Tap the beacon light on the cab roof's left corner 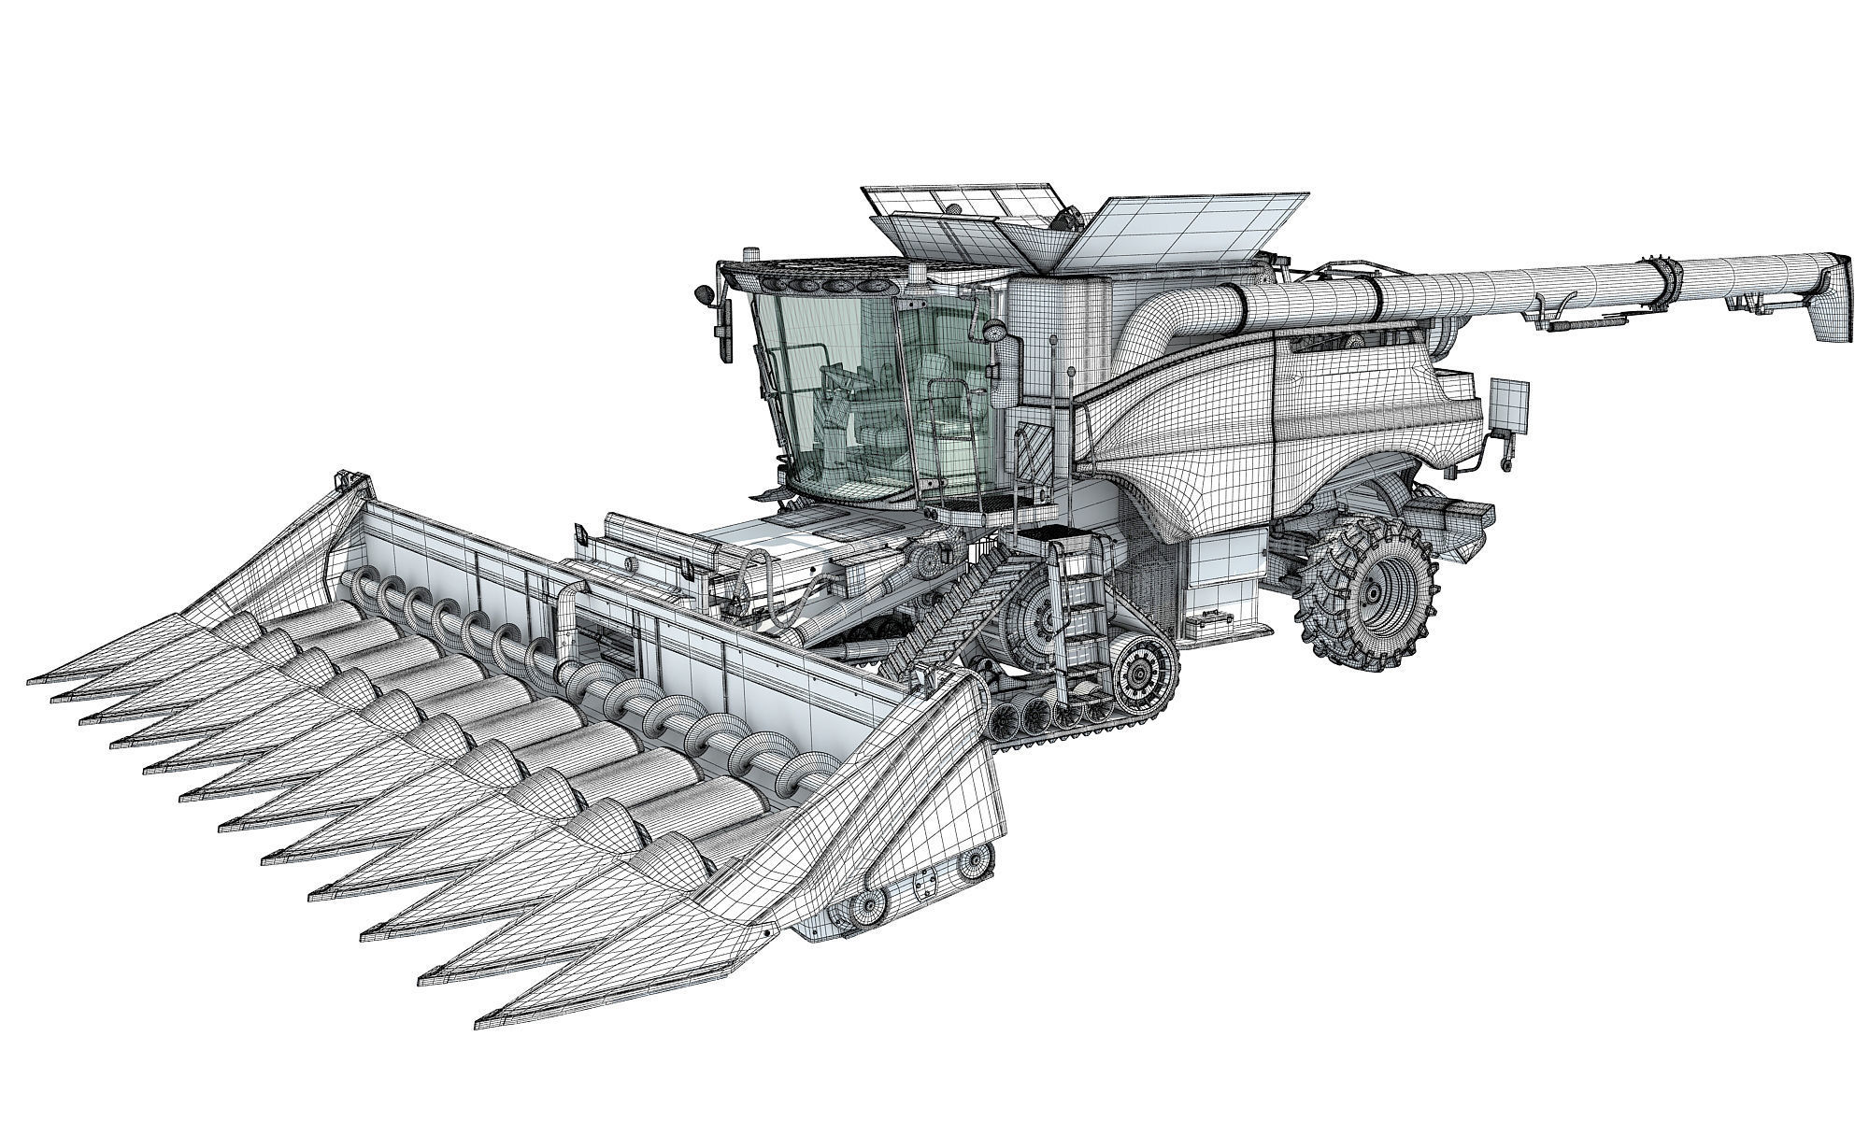point(749,255)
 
